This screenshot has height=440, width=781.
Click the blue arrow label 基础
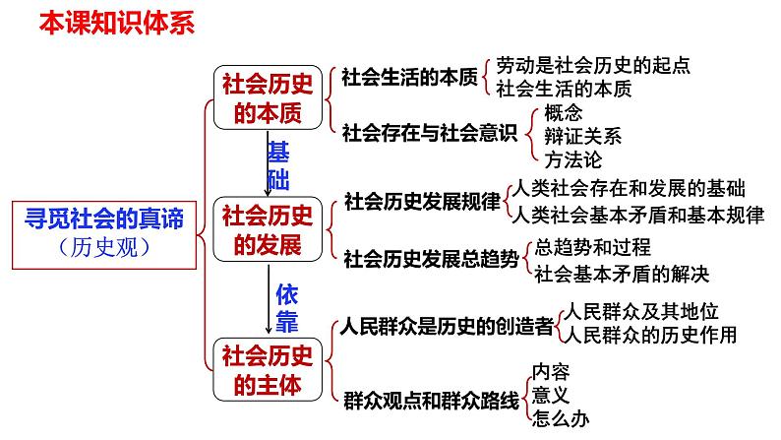(x=279, y=164)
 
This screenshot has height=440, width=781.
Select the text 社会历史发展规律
(x=422, y=202)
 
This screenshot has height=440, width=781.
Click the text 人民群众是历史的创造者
(x=444, y=327)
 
